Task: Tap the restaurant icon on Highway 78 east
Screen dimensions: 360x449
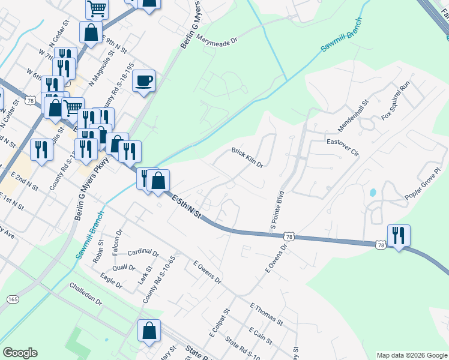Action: tap(399, 235)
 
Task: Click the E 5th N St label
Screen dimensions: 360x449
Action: tap(185, 208)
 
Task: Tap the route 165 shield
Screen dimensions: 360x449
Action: tap(12, 299)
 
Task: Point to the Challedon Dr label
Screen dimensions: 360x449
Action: tap(86, 293)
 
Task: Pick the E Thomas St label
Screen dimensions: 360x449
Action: tap(265, 314)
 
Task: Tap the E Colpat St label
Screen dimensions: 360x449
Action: tap(220, 322)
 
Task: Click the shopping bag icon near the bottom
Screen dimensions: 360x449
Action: tap(149, 331)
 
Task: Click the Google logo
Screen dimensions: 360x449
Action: tap(20, 353)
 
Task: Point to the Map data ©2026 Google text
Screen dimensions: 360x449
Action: tap(411, 355)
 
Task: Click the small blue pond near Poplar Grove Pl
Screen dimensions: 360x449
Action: tap(373, 193)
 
